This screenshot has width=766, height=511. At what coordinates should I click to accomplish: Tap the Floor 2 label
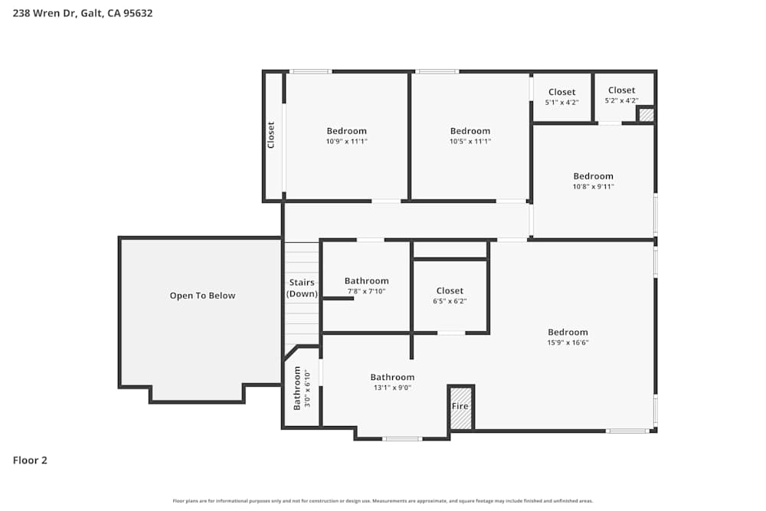click(30, 460)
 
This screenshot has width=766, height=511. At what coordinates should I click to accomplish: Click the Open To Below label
click(202, 296)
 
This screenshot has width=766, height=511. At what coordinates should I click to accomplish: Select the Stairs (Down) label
click(302, 288)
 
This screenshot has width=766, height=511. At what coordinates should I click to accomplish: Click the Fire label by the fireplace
click(460, 406)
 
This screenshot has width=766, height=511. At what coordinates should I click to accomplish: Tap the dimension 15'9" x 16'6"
click(568, 342)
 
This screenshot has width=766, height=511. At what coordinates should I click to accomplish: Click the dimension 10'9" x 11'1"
click(346, 141)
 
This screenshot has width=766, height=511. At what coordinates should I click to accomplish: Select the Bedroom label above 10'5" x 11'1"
click(470, 131)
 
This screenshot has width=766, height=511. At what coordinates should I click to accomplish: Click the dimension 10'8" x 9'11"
click(593, 186)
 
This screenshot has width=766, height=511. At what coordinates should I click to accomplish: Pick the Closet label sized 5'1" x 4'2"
click(561, 92)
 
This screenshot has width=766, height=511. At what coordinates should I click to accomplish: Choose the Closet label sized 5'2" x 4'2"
click(621, 90)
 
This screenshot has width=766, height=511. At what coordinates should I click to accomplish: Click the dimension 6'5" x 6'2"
click(450, 301)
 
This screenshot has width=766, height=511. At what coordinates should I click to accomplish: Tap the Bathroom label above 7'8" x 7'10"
click(366, 281)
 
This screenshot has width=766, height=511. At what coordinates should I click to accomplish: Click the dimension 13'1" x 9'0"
click(392, 388)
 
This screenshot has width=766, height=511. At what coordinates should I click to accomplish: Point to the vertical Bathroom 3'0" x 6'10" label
click(301, 388)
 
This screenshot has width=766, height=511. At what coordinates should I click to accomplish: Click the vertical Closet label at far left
click(270, 136)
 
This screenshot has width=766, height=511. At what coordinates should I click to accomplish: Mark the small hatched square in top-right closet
click(646, 115)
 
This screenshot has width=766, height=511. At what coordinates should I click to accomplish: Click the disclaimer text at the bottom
click(383, 501)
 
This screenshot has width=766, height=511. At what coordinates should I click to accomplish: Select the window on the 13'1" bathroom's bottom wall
click(401, 439)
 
